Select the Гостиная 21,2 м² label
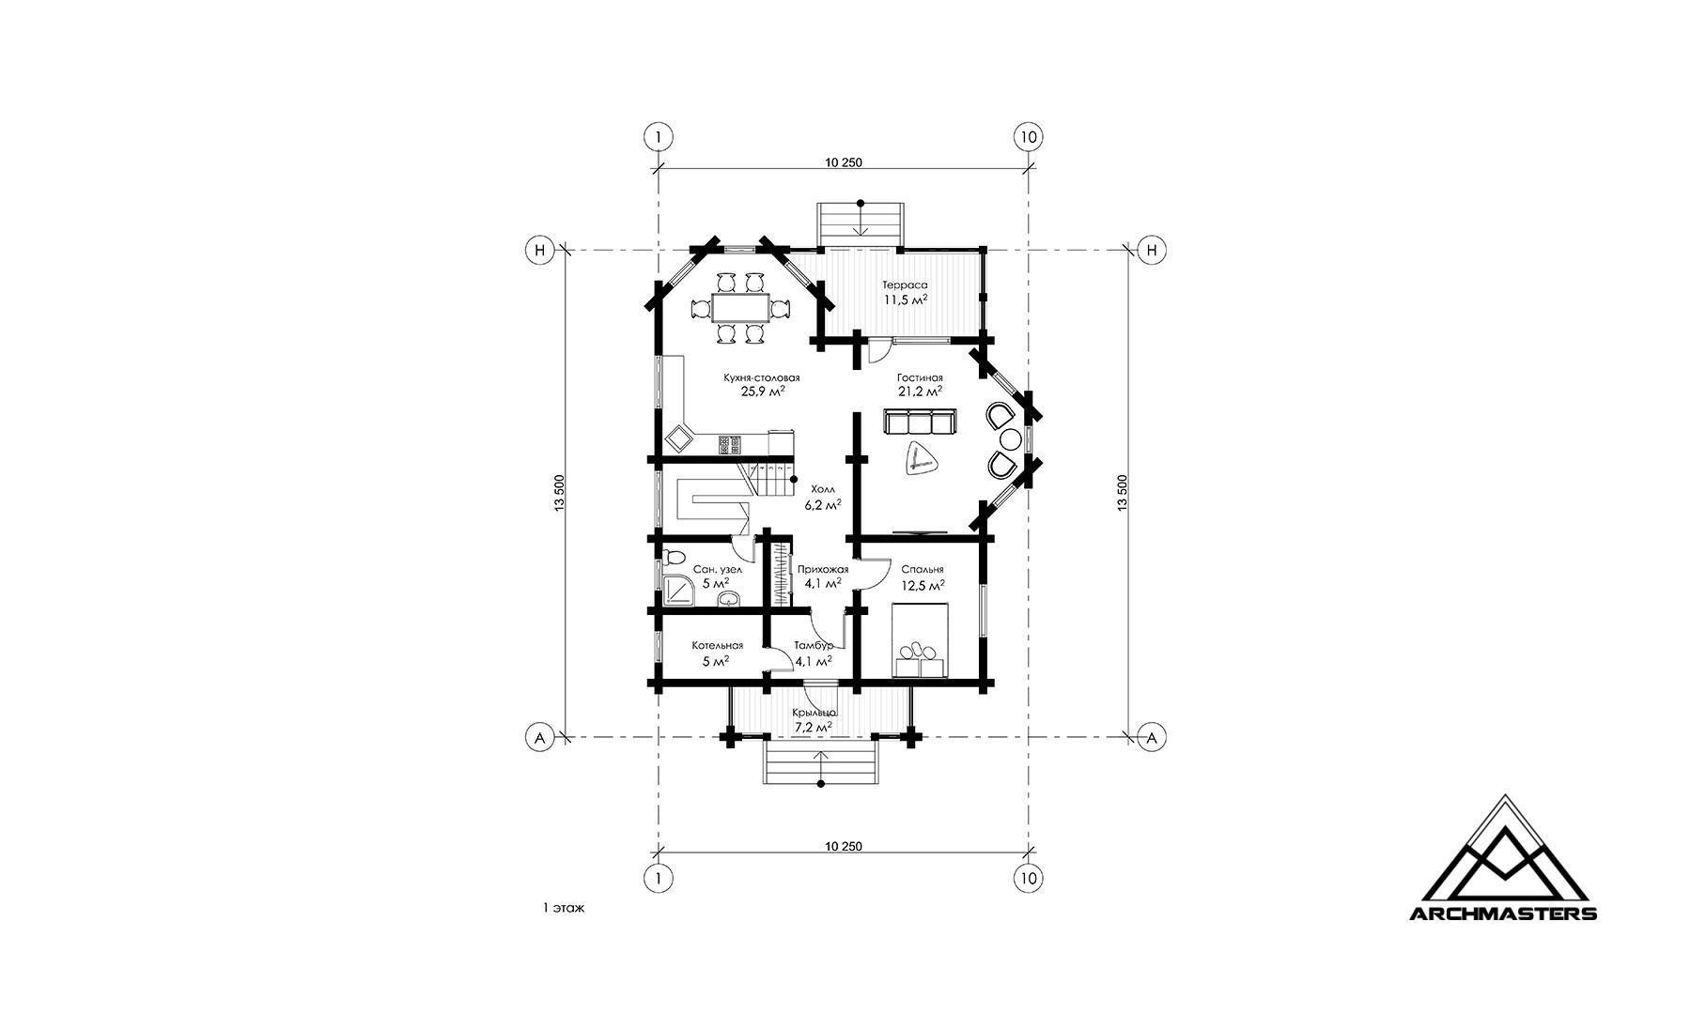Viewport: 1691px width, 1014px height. pyautogui.click(x=920, y=385)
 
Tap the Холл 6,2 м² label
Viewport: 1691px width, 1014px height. pyautogui.click(x=822, y=497)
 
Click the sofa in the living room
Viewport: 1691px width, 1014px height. pyautogui.click(x=920, y=422)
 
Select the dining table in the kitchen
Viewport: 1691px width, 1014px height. pyautogui.click(x=740, y=308)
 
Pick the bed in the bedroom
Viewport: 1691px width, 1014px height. pyautogui.click(x=920, y=639)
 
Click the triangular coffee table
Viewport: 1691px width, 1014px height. pyautogui.click(x=921, y=461)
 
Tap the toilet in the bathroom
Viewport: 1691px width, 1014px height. pyautogui.click(x=673, y=560)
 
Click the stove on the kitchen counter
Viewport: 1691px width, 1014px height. pyautogui.click(x=731, y=443)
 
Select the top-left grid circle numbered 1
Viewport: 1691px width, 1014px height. pyautogui.click(x=658, y=136)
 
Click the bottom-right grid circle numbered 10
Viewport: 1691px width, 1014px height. pyautogui.click(x=1029, y=878)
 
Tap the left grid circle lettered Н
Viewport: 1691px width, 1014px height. pyautogui.click(x=539, y=250)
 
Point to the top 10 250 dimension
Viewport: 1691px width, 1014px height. pyautogui.click(x=844, y=162)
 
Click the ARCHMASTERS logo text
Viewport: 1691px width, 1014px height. pyautogui.click(x=1503, y=913)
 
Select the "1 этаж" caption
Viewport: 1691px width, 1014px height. pyautogui.click(x=564, y=908)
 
